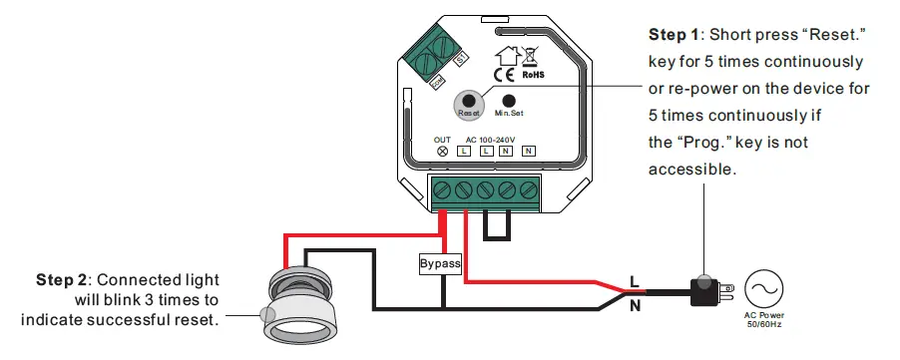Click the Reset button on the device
point(468,101)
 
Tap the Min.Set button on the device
point(509,101)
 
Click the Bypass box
point(440,264)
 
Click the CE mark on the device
point(503,72)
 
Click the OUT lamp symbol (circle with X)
point(443,151)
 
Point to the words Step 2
point(64,278)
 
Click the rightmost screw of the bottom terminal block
point(529,189)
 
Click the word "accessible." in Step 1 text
point(691,170)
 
